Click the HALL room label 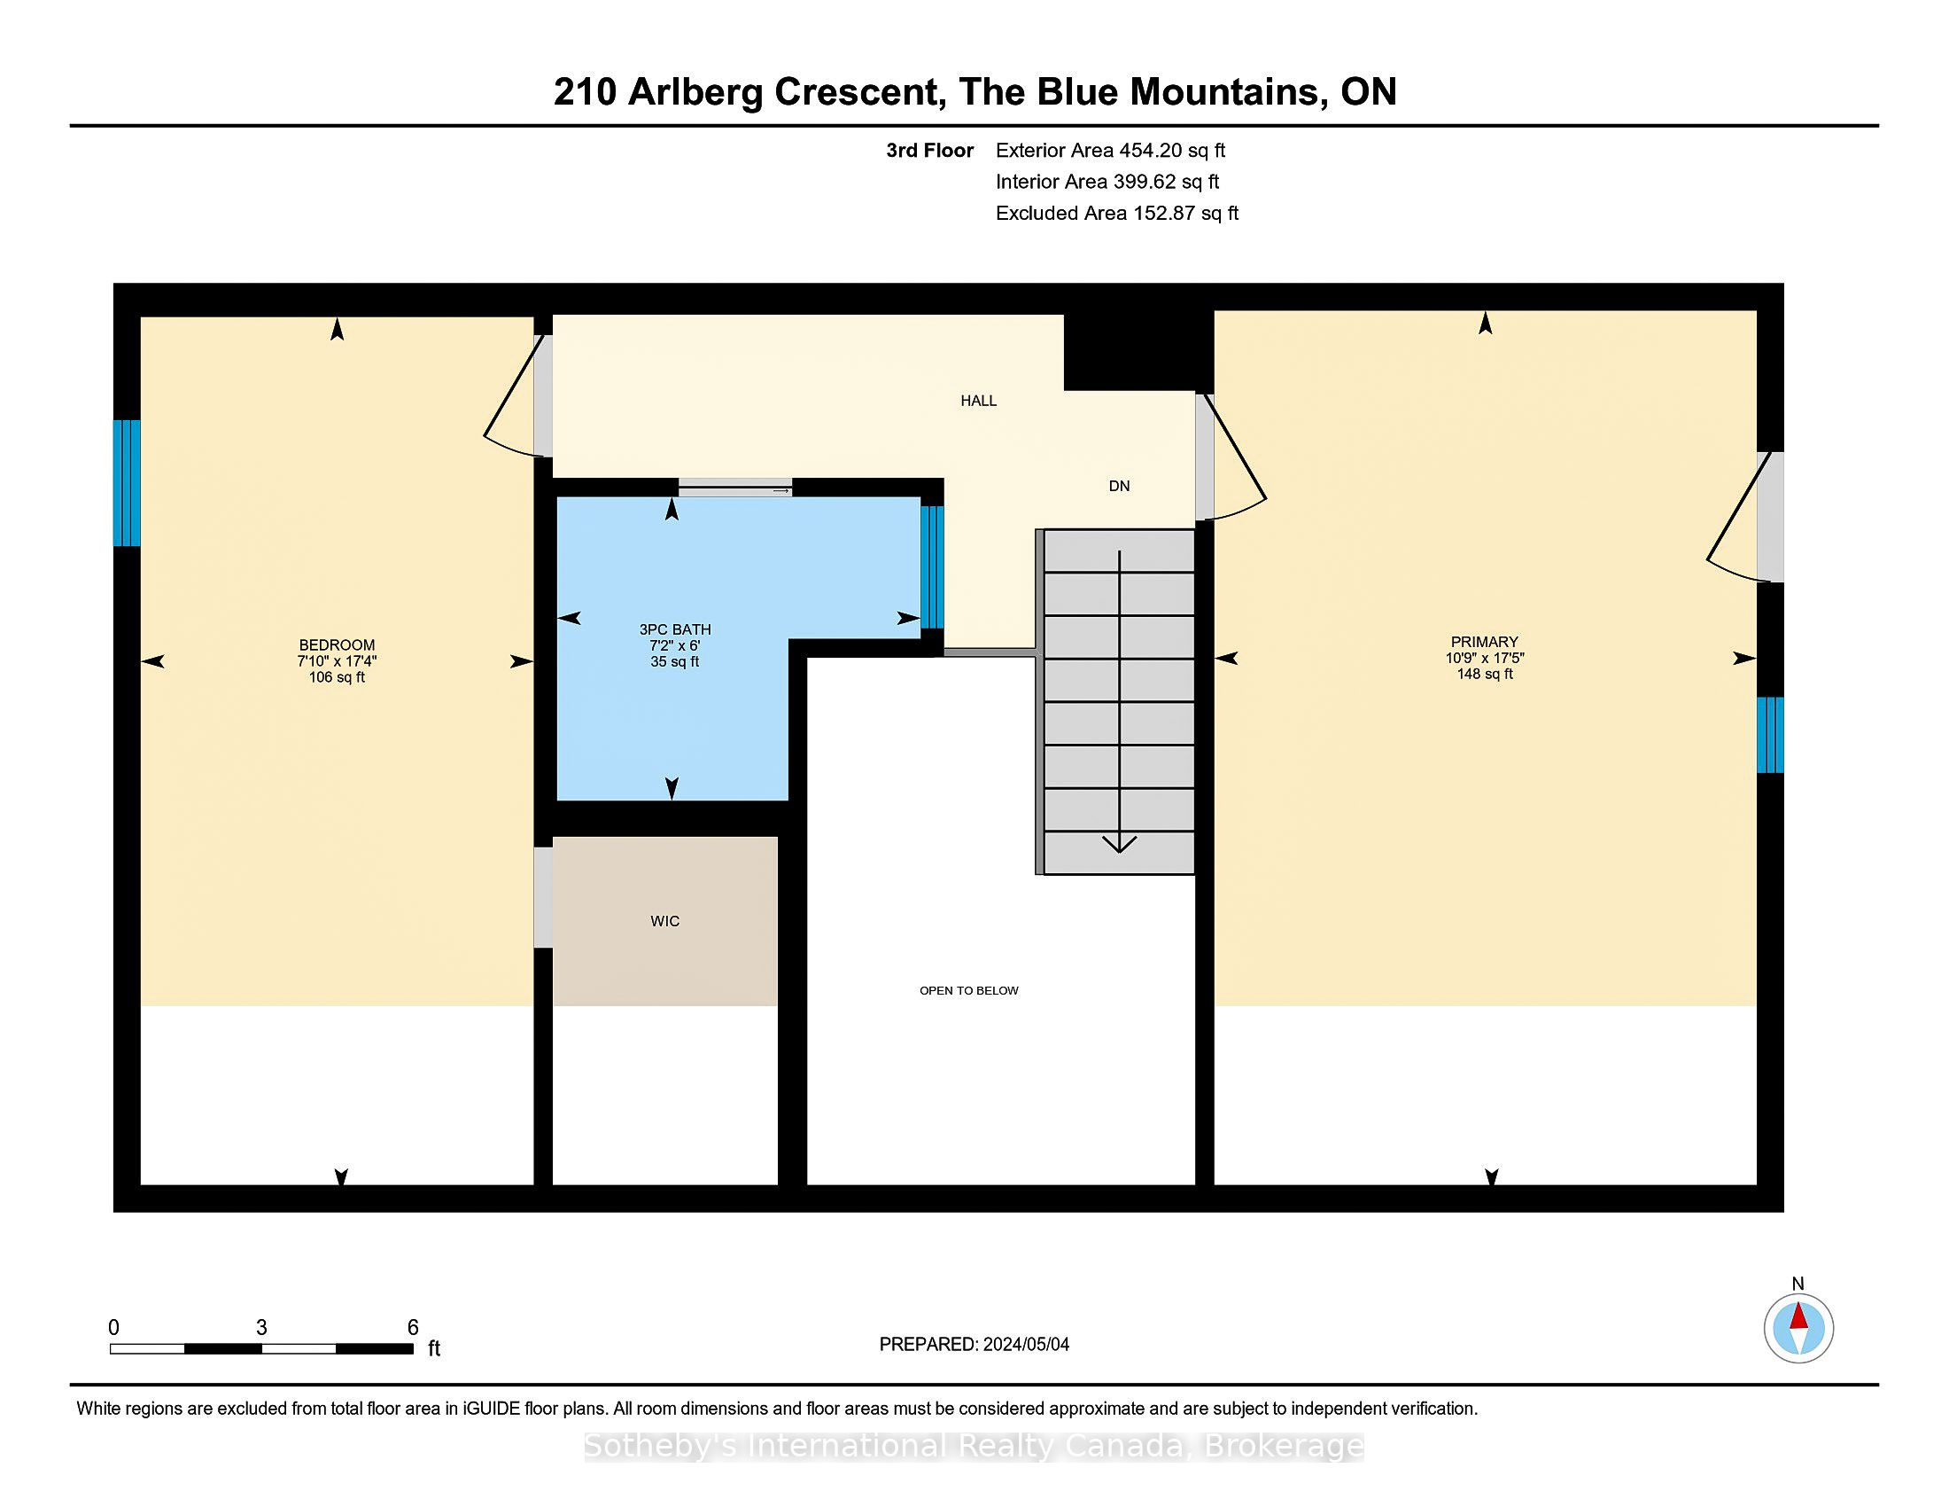click(x=978, y=401)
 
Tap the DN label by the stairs click(x=1119, y=486)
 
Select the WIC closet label click(x=664, y=921)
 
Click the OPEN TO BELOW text click(x=969, y=990)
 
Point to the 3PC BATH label click(x=675, y=629)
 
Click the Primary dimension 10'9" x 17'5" click(x=1485, y=658)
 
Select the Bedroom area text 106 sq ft click(x=337, y=677)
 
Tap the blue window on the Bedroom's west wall click(x=127, y=483)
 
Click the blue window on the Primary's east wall click(x=1771, y=735)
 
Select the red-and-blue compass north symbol click(x=1798, y=1329)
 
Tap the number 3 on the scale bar click(x=261, y=1328)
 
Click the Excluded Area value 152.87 click(x=1164, y=214)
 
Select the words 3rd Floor click(x=929, y=151)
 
